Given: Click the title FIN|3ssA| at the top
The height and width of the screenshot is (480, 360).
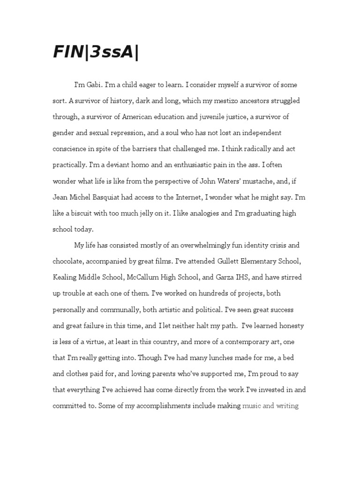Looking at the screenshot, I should point(96,53).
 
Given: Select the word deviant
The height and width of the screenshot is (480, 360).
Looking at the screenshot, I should point(122,165).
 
